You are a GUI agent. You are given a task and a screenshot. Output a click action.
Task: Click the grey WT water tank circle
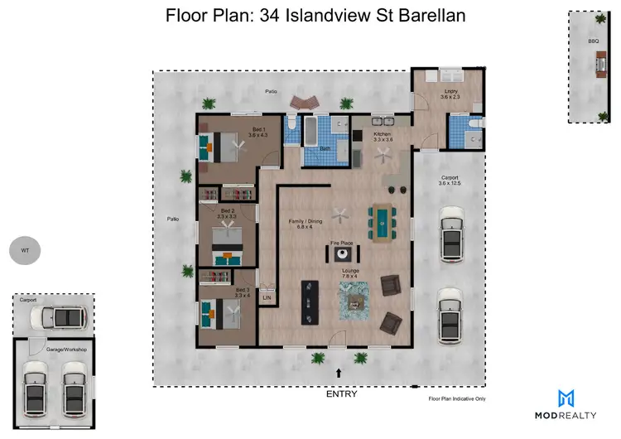[24, 248]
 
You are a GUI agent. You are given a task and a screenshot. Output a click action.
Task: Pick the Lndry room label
[450, 94]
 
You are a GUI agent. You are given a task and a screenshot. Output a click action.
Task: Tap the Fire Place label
[343, 242]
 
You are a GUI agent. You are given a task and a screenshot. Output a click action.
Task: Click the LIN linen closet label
[267, 297]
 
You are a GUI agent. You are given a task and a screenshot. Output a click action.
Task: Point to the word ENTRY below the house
[341, 394]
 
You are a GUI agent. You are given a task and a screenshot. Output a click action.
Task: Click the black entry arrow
[340, 375]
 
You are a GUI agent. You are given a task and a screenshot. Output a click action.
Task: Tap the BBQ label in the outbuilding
[593, 39]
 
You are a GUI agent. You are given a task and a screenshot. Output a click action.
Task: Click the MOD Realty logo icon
[566, 398]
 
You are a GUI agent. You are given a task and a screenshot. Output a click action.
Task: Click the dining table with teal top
[382, 221]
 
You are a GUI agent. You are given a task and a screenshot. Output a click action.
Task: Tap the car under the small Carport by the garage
[64, 317]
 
